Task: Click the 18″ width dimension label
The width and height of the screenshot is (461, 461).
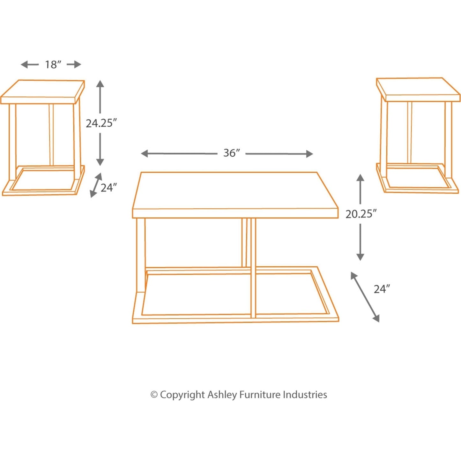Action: point(53,64)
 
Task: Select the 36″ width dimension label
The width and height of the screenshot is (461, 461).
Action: point(231,153)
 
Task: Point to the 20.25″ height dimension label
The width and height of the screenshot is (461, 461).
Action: point(361,214)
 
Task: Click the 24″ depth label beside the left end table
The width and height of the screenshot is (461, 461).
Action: point(108,188)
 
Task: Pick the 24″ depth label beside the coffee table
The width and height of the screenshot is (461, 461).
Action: point(382,289)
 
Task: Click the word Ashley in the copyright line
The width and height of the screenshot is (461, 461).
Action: point(222,395)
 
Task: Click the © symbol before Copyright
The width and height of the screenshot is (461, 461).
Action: point(154,395)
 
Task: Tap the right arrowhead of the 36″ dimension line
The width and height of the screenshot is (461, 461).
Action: point(310,154)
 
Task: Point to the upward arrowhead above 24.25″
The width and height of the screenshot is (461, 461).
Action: point(100,84)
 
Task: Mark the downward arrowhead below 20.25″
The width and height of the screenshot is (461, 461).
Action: point(360,257)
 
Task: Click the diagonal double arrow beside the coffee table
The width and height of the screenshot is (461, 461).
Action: point(365,297)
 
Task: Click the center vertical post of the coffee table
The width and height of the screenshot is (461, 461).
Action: point(253,268)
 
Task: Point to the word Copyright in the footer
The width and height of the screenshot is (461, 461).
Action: point(182,395)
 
